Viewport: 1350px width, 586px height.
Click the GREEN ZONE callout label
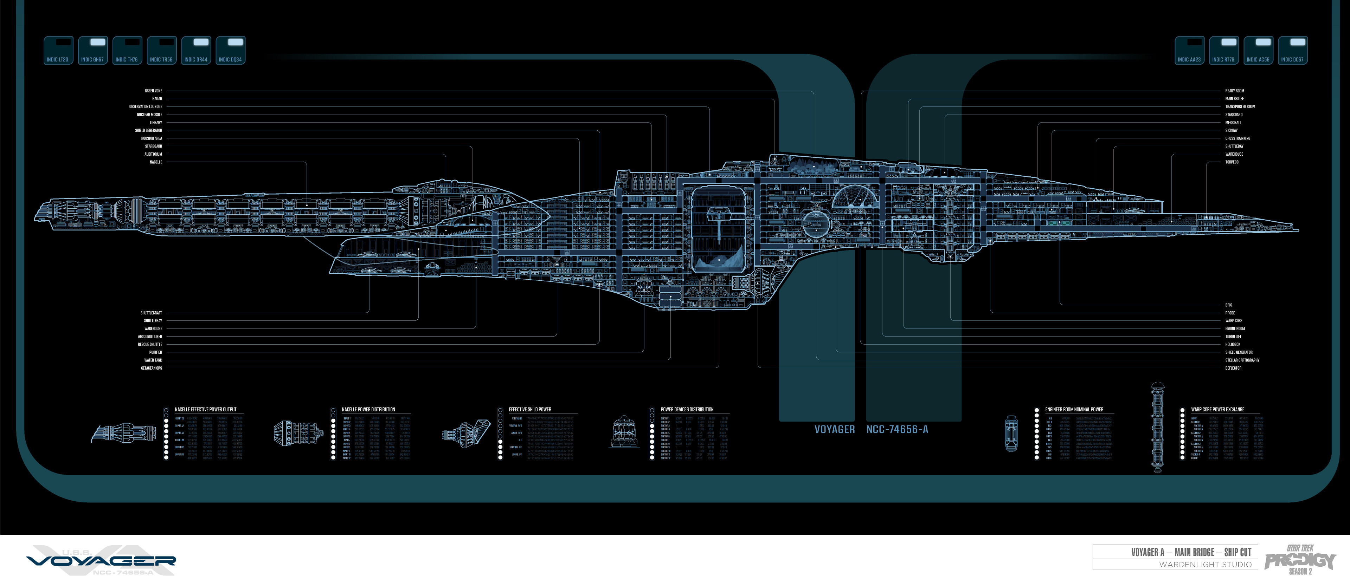click(154, 91)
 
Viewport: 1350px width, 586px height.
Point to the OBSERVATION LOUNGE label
click(146, 106)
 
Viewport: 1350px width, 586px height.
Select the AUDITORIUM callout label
click(154, 154)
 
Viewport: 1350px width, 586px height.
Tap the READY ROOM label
click(1234, 91)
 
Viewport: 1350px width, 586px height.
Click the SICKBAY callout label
click(1231, 130)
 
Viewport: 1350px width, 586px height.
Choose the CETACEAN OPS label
click(152, 368)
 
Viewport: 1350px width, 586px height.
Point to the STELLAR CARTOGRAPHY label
click(1242, 360)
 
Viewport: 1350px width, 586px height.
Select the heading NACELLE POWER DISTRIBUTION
click(368, 410)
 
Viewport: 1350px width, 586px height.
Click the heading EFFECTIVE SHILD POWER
click(530, 410)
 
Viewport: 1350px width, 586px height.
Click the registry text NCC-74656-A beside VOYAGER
click(897, 429)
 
